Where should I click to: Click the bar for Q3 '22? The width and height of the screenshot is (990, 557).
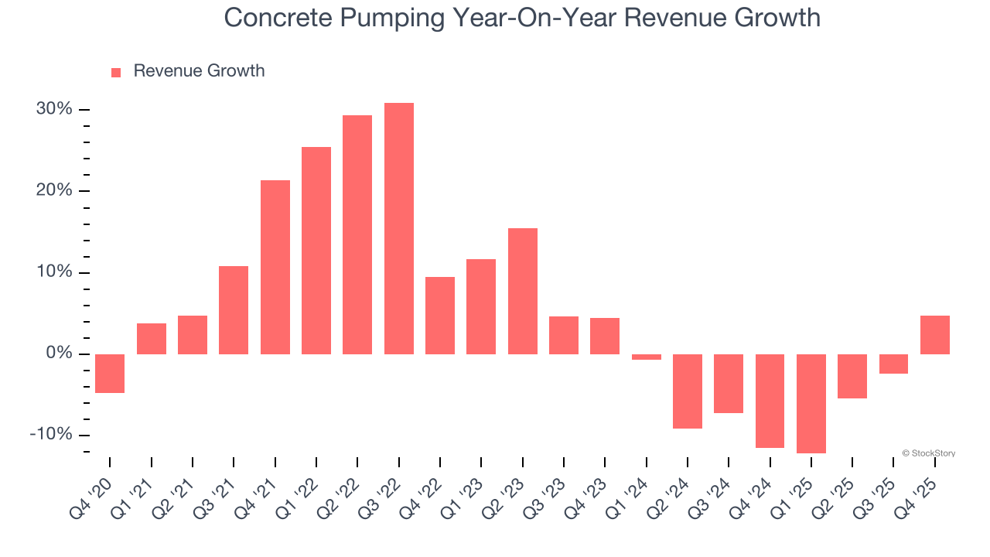(x=399, y=228)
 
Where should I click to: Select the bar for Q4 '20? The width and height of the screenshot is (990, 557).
(x=110, y=373)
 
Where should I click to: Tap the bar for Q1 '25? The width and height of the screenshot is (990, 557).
(x=811, y=403)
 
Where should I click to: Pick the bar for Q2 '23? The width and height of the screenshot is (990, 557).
(x=523, y=291)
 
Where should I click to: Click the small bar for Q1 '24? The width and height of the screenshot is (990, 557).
(x=647, y=357)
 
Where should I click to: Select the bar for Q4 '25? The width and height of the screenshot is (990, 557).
(x=935, y=335)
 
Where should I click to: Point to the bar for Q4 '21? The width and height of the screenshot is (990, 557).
(x=275, y=267)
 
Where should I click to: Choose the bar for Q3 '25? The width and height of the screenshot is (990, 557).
(x=893, y=364)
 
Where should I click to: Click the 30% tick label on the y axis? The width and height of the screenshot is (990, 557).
(x=54, y=109)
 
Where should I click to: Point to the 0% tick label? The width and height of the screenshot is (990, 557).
(x=59, y=354)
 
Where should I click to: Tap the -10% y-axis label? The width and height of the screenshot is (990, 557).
(x=51, y=435)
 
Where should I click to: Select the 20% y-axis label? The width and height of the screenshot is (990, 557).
(x=54, y=190)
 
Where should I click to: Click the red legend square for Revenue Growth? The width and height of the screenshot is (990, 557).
(x=116, y=72)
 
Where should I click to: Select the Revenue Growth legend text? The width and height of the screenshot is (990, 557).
(x=199, y=71)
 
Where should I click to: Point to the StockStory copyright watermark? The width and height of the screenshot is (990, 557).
(x=928, y=453)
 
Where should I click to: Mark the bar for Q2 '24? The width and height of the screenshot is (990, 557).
(x=688, y=391)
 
